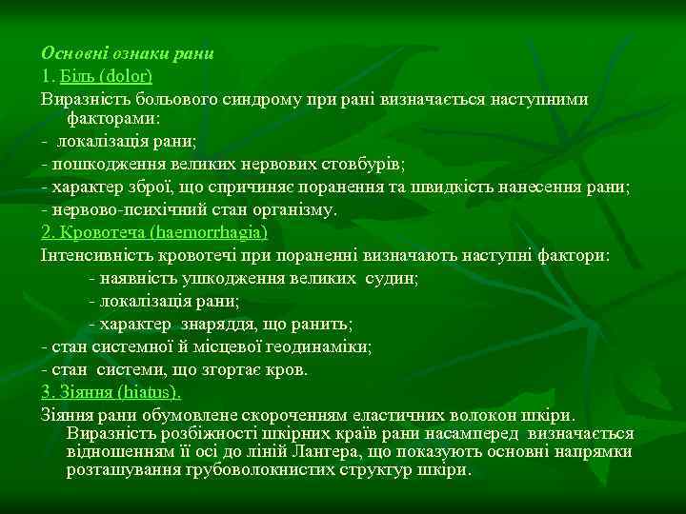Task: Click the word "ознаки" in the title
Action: [x=132, y=52]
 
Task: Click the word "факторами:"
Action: [x=114, y=119]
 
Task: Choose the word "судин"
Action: [x=394, y=278]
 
